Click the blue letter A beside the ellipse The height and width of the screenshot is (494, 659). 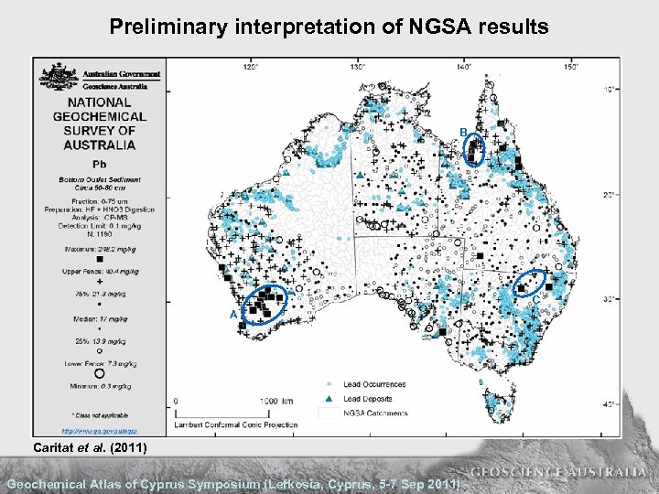coord(233,314)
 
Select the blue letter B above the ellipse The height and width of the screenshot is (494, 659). coord(464,134)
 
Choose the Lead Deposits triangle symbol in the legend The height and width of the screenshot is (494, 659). coord(328,398)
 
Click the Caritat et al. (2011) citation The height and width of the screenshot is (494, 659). coord(85,446)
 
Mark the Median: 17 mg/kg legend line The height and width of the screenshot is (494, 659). coord(99,318)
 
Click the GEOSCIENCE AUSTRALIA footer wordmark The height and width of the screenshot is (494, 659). coord(558,472)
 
